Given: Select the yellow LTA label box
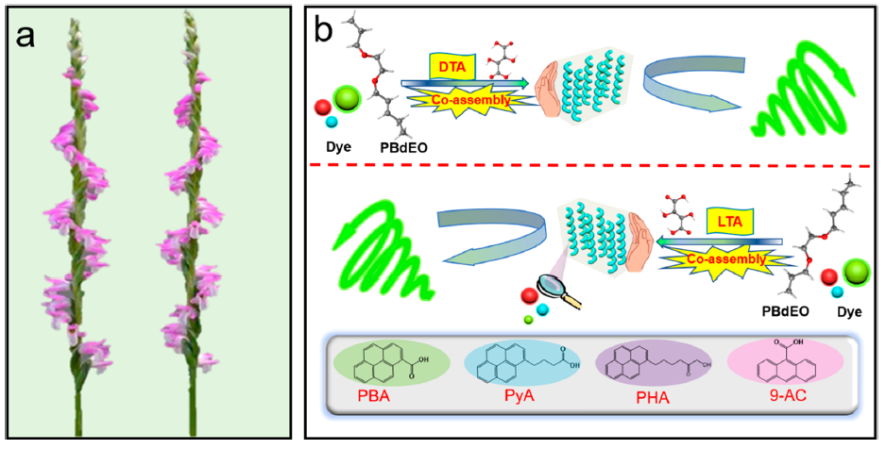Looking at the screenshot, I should tap(727, 222).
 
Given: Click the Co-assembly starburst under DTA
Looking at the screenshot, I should tap(463, 100).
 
